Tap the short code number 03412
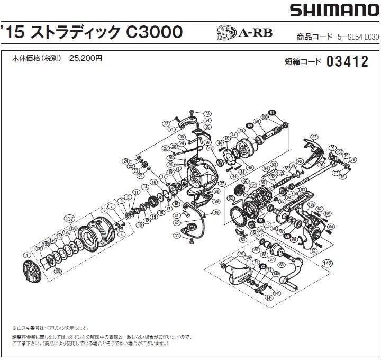point(347,62)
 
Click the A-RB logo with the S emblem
point(235,34)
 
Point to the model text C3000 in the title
point(155,32)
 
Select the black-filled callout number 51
point(272,113)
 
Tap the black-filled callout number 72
point(263,267)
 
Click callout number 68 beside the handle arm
point(282,265)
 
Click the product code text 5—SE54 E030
point(358,37)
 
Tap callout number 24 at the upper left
point(125,161)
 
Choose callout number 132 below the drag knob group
point(58,271)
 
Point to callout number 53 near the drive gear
point(243,240)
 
